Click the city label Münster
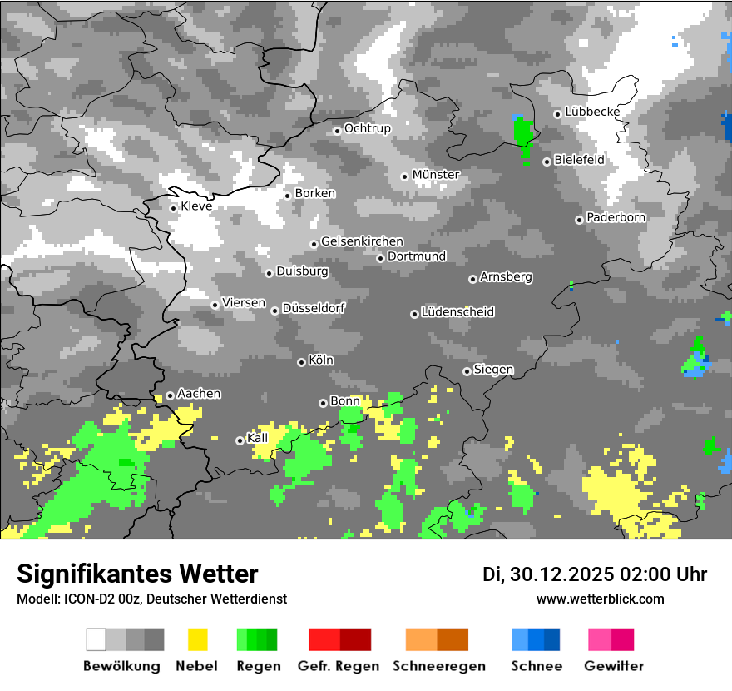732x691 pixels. pyautogui.click(x=436, y=175)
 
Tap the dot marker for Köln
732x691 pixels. pyautogui.click(x=301, y=362)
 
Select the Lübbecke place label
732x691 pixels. pyautogui.click(x=592, y=112)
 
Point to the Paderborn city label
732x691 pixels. pyautogui.click(x=616, y=217)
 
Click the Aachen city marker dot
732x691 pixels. pyautogui.click(x=170, y=395)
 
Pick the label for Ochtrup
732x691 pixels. pyautogui.click(x=367, y=128)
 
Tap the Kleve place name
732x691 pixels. pyautogui.click(x=196, y=206)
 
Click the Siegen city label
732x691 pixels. pyautogui.click(x=493, y=370)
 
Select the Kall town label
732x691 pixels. pyautogui.click(x=257, y=438)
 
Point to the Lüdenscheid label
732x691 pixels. pyautogui.click(x=457, y=311)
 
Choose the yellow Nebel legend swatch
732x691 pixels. pyautogui.click(x=197, y=639)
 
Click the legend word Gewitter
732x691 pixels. pyautogui.click(x=613, y=666)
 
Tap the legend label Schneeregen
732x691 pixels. pyautogui.click(x=439, y=666)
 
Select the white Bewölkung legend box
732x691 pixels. pyautogui.click(x=96, y=639)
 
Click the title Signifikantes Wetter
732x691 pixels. pyautogui.click(x=137, y=574)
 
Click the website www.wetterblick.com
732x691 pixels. pyautogui.click(x=600, y=599)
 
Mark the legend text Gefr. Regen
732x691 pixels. pyautogui.click(x=338, y=666)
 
